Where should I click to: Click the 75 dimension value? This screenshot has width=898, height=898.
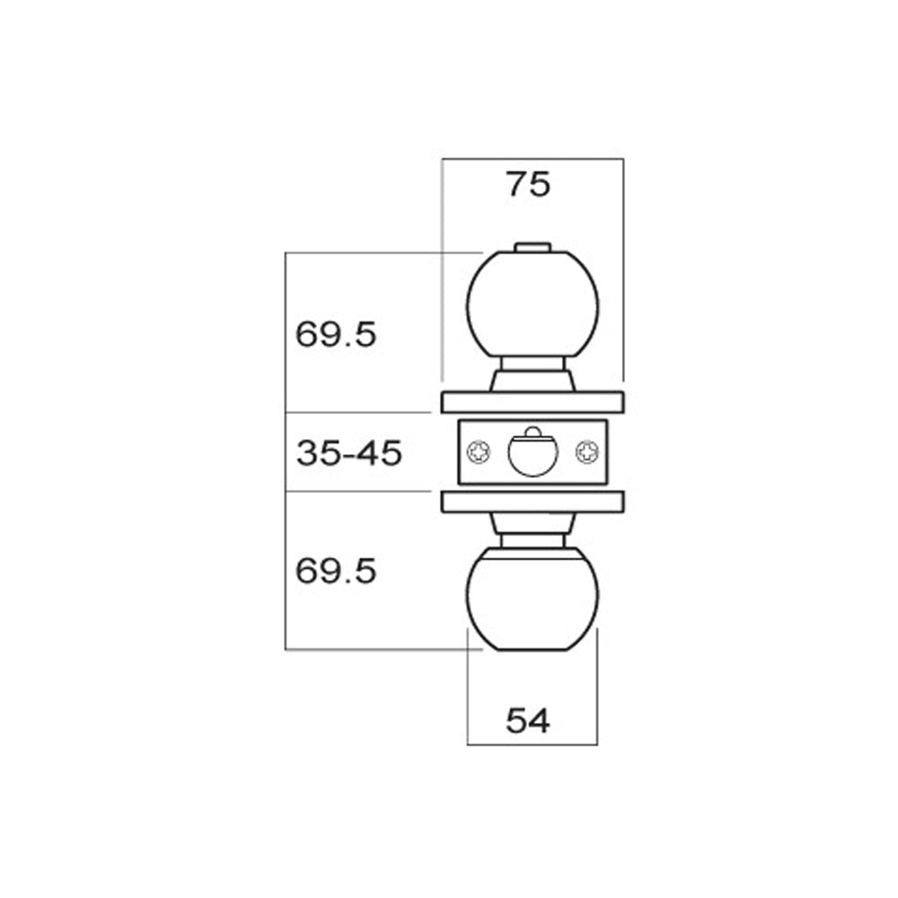527,184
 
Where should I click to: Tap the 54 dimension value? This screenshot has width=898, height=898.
527,720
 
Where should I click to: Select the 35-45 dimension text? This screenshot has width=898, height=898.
348,453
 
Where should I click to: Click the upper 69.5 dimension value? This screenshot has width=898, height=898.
336,334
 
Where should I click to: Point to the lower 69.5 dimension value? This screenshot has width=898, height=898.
336,571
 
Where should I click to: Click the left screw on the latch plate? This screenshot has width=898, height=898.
479,452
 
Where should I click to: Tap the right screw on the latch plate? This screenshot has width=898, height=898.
587,452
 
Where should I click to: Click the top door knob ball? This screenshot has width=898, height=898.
533,304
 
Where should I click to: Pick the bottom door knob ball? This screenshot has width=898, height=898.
533,598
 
